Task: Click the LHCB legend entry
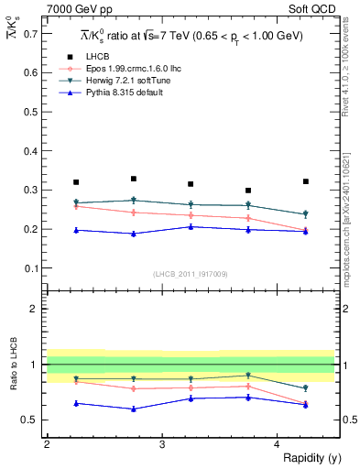click(98, 57)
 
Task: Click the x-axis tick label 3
click(161, 444)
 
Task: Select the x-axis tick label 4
click(277, 444)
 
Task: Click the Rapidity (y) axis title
click(308, 457)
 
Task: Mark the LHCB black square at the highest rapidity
click(305, 181)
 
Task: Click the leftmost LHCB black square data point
click(76, 182)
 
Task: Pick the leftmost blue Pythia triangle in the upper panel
click(76, 230)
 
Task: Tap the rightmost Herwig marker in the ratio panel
click(305, 388)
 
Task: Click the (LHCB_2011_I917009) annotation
click(190, 274)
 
